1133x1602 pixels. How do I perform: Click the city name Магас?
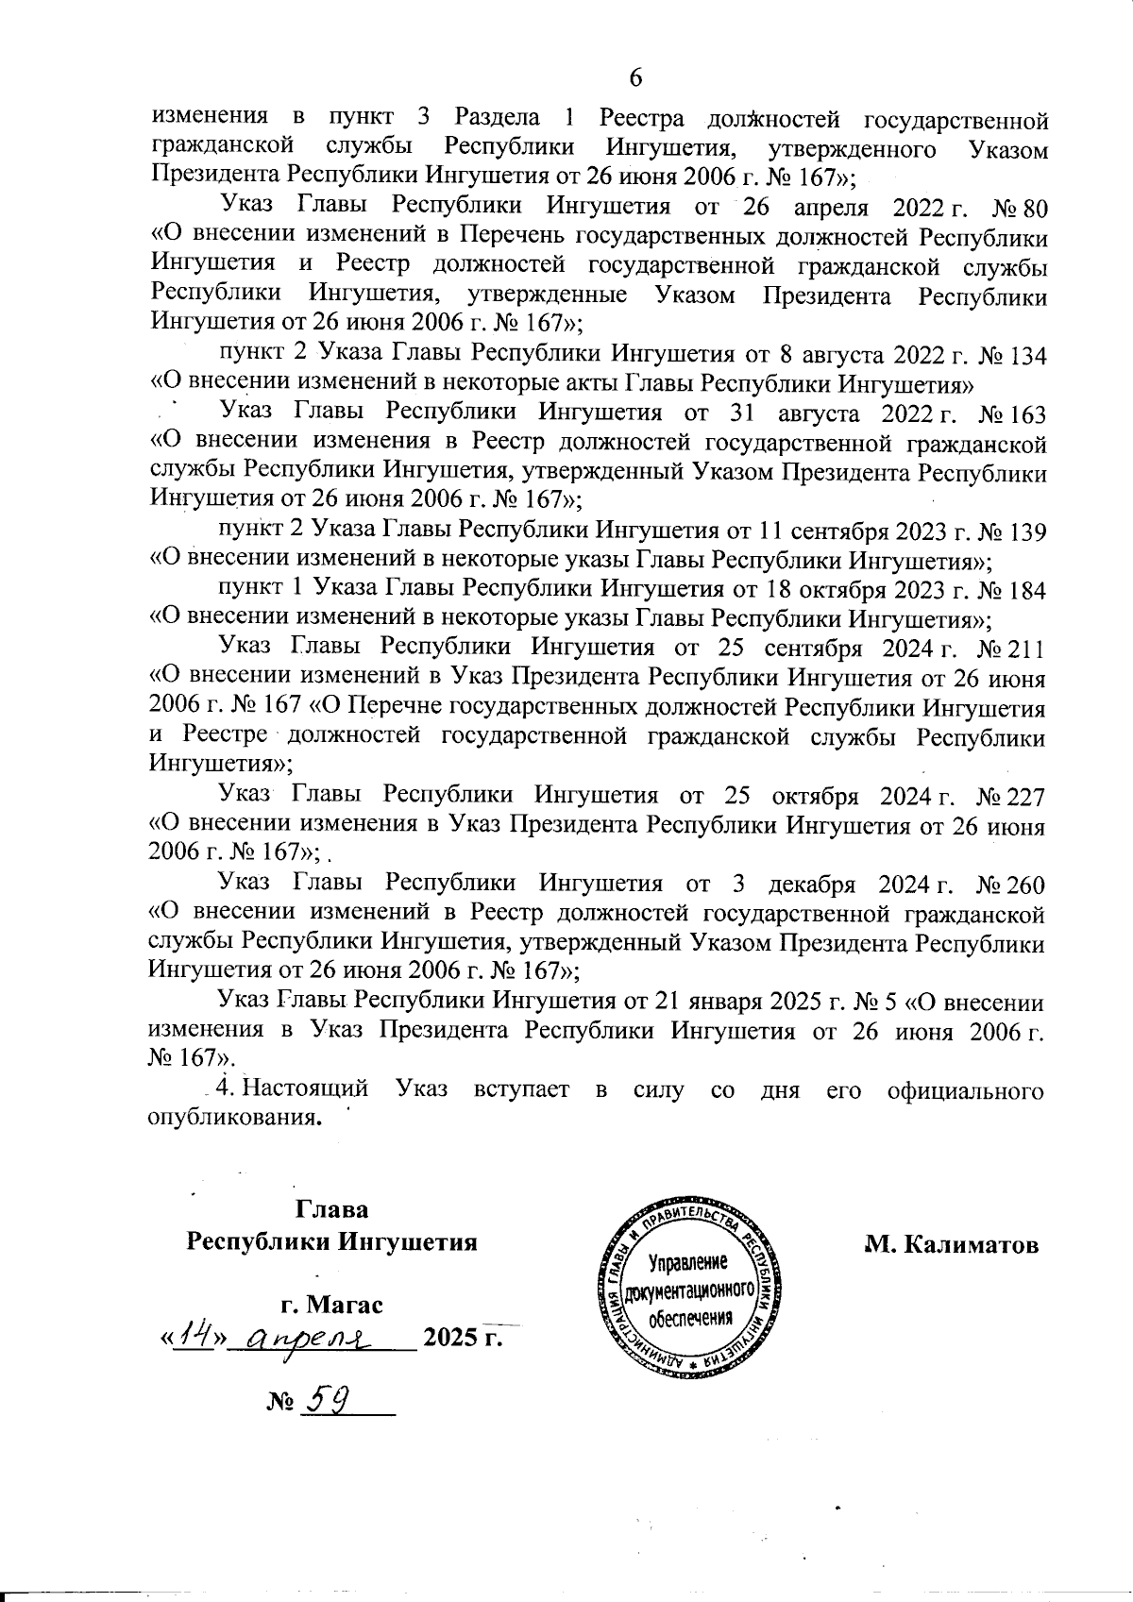tap(346, 1306)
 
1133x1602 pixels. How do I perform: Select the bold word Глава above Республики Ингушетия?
tap(332, 1209)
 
